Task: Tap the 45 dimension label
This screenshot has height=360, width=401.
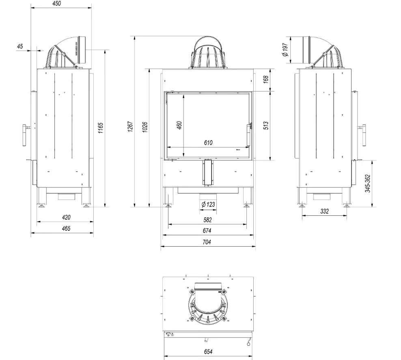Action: point(19,47)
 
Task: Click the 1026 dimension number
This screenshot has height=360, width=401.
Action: point(145,127)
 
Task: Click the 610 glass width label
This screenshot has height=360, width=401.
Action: point(208,143)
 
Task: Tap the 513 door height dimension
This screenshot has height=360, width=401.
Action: point(266,125)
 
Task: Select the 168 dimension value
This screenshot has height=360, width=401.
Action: point(266,80)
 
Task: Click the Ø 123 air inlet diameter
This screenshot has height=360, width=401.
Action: point(208,204)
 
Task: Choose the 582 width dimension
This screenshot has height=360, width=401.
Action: point(207,220)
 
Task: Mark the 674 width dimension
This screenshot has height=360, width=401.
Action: point(207,231)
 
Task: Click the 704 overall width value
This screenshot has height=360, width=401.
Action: point(207,242)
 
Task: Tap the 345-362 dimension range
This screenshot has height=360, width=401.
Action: point(368,183)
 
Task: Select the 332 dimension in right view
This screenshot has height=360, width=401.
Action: point(324,211)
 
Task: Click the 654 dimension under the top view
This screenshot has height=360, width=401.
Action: point(207,352)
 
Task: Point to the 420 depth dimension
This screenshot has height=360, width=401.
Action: point(66,217)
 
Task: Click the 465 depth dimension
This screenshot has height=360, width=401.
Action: point(66,228)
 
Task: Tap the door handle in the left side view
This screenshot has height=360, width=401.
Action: point(24,135)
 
